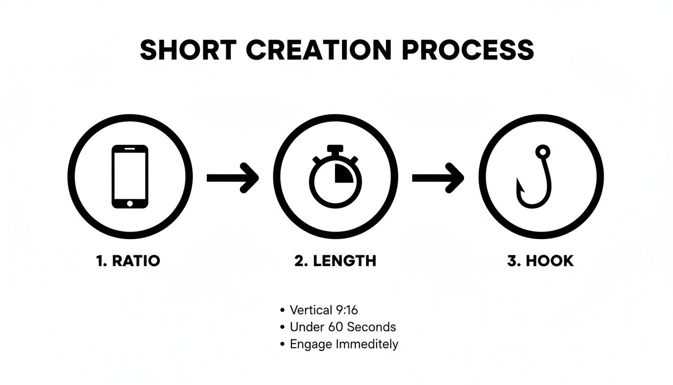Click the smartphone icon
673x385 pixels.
(x=130, y=176)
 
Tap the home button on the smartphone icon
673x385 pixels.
(x=130, y=203)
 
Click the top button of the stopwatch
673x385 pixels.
(x=335, y=149)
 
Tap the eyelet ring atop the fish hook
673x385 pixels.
(x=542, y=151)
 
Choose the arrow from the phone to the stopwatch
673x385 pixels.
(x=233, y=177)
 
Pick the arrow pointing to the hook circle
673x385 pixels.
(x=438, y=177)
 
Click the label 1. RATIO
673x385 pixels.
(x=128, y=261)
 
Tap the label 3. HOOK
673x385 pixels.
(x=540, y=261)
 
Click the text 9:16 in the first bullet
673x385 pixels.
(x=347, y=310)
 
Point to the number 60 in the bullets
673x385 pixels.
(x=336, y=327)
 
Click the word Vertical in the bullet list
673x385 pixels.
(x=311, y=310)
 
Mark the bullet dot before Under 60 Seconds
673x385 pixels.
(x=283, y=327)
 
